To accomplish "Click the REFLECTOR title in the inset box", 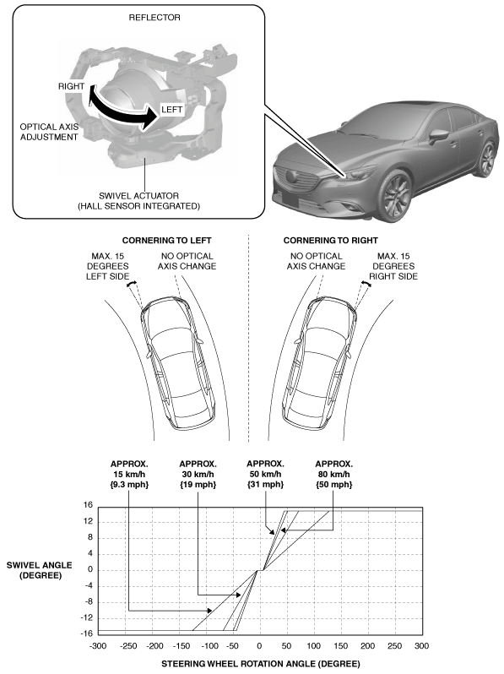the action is (x=154, y=18).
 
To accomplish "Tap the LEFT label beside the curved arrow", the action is (x=172, y=110).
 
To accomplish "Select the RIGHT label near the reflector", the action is (x=71, y=86).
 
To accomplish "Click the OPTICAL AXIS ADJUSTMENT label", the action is (x=49, y=132).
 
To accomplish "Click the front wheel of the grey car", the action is (x=394, y=197).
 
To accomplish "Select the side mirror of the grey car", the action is (x=438, y=135).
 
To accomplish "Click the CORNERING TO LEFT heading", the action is (x=166, y=240).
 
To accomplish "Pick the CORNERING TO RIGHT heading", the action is (x=330, y=240).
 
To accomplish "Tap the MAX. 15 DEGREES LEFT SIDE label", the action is (x=107, y=266).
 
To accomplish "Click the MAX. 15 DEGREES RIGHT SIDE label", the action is (x=393, y=266).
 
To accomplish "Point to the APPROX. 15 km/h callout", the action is (x=129, y=474).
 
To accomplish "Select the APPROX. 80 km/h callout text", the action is (x=333, y=474).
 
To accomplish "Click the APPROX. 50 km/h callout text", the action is (x=265, y=474).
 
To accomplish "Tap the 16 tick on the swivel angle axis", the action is (x=88, y=505).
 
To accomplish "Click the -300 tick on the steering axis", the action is (x=98, y=645).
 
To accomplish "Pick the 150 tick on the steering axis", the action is (x=341, y=645).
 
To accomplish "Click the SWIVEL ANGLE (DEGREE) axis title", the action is (x=40, y=570).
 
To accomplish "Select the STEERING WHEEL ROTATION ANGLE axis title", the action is (x=260, y=664).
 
